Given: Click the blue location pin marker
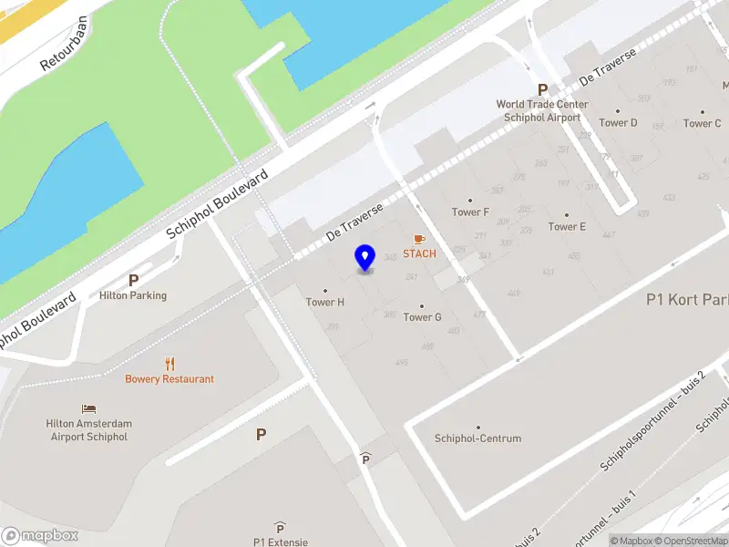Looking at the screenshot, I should tap(365, 258).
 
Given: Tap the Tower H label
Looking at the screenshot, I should tap(325, 302).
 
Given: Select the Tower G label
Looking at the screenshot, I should tap(422, 317).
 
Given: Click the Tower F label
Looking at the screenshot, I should tap(470, 212).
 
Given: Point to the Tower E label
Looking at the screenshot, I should tap(567, 226).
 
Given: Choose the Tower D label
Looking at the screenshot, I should tap(618, 123).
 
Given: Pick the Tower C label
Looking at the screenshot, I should tap(702, 123).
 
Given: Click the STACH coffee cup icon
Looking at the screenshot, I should tap(419, 239).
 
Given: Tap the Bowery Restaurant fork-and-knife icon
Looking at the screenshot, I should tap(169, 364).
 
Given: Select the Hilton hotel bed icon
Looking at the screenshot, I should tap(88, 408).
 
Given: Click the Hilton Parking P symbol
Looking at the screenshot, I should tap(133, 281).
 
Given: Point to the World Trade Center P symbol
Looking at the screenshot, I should tap(543, 89).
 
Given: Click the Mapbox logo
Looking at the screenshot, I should tap(39, 536).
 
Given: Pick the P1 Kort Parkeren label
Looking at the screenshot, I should tap(687, 299).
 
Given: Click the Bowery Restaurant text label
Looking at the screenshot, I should tap(169, 379).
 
